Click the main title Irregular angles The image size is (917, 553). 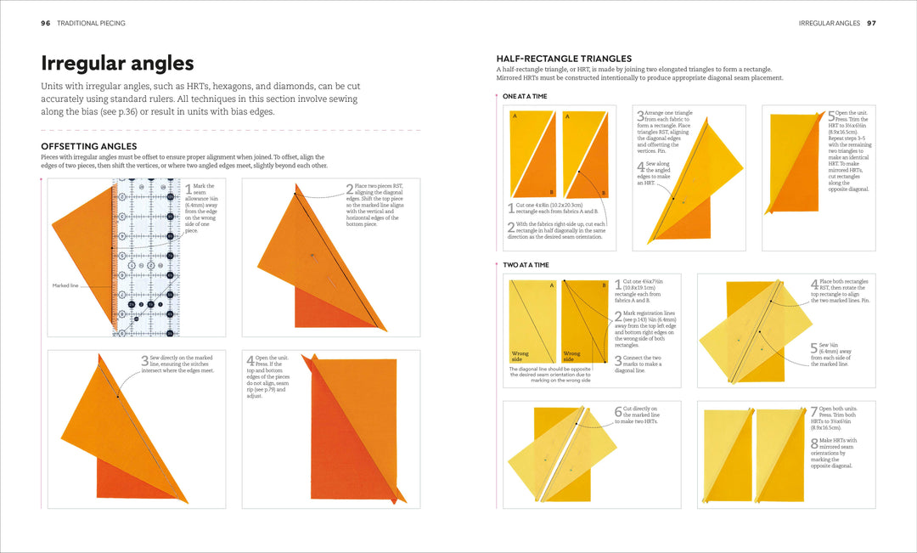117,63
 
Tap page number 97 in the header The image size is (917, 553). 871,23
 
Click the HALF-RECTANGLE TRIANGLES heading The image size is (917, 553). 565,58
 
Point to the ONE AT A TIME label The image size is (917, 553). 525,96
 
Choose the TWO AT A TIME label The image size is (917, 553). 526,265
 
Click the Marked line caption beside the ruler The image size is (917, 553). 65,285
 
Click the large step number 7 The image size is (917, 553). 813,410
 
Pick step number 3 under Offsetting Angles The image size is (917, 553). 145,360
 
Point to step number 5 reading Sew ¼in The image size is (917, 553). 813,347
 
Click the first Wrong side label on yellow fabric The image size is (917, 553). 520,355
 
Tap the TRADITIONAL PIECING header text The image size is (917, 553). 91,23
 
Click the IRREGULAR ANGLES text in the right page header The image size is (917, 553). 829,23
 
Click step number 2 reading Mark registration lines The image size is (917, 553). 618,315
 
